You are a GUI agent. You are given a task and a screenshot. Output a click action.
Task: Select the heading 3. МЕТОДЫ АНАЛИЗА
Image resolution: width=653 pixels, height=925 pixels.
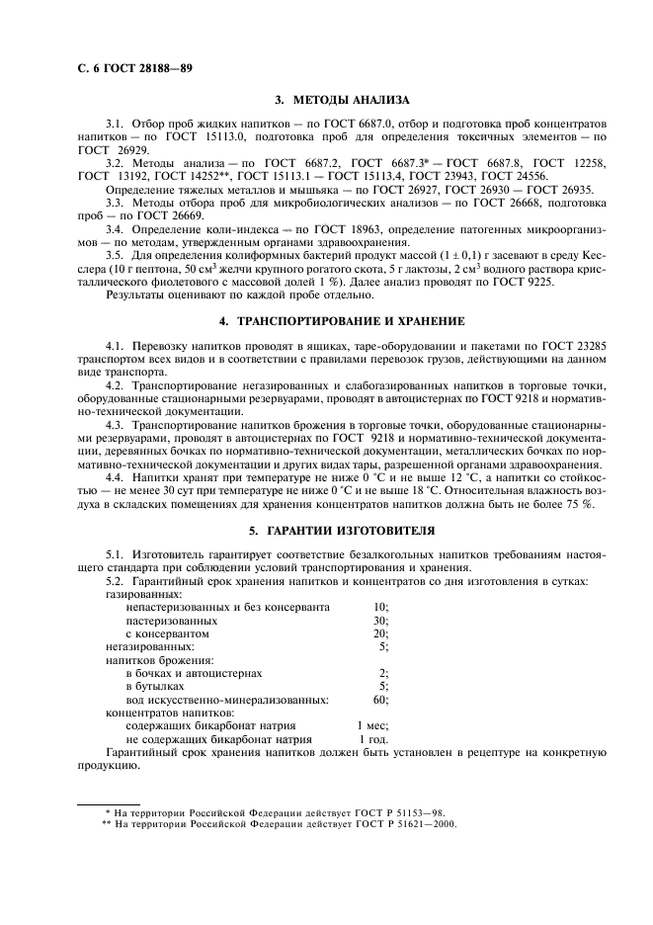point(336,100)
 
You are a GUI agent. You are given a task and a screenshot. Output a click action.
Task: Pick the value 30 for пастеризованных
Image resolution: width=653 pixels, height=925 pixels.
point(381,620)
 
